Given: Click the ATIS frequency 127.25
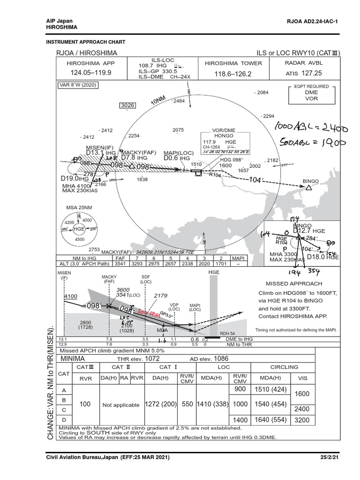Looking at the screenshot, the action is (x=311, y=73).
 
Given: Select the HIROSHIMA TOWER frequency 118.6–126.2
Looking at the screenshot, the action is (x=226, y=74).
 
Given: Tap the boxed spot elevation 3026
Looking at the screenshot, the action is (x=127, y=105).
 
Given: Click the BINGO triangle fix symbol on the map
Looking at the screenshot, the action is (x=309, y=188).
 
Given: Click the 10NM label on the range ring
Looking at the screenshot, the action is (x=158, y=101).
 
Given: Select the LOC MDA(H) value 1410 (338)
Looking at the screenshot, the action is (x=211, y=404).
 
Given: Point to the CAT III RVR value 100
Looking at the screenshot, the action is (x=85, y=404).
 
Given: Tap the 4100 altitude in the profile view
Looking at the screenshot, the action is (x=70, y=296).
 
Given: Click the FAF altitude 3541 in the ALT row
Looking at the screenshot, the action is (x=121, y=264).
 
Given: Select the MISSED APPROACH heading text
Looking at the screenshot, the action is (x=294, y=284).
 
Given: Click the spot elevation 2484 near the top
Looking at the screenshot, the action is (x=179, y=101).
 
